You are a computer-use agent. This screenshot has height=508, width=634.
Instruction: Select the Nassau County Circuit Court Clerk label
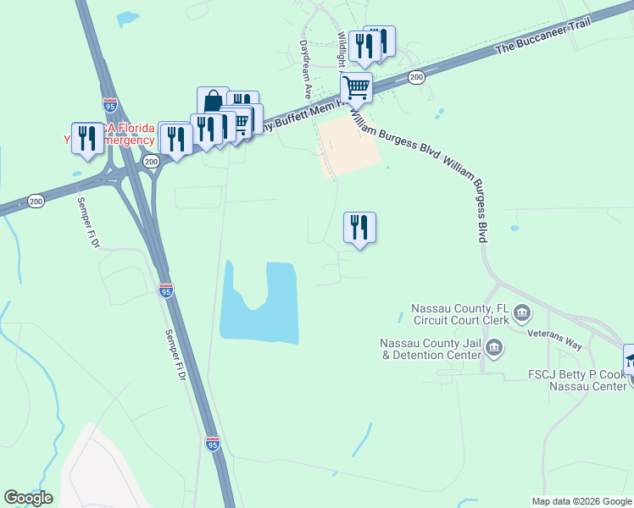[460, 314]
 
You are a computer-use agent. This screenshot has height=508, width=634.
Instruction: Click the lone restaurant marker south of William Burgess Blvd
[359, 227]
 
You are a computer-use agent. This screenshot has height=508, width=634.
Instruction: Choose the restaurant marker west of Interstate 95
[87, 136]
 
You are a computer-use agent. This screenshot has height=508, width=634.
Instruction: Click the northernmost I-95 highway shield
[109, 105]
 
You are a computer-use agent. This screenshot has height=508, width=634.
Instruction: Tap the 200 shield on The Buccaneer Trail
[416, 78]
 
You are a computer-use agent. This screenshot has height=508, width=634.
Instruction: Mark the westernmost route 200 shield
[36, 201]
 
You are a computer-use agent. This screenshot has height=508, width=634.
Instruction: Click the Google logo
[28, 498]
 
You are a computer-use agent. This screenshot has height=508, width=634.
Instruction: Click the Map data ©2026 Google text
[581, 501]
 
